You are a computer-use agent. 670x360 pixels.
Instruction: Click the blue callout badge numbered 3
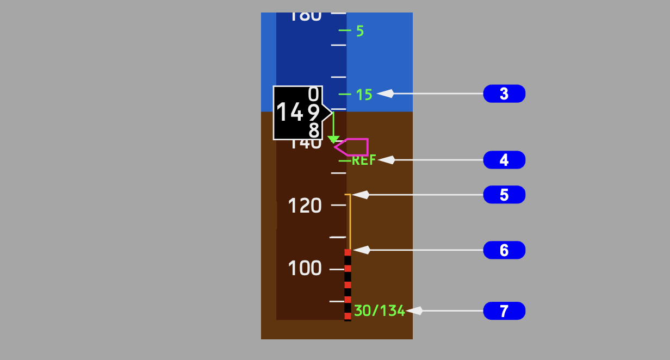click(504, 94)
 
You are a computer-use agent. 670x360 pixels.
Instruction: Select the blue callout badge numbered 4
click(504, 160)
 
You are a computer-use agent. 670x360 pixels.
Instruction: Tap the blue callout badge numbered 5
click(504, 195)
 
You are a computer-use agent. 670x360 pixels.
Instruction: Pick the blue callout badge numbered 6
click(504, 250)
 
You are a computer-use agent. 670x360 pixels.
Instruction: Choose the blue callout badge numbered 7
click(504, 311)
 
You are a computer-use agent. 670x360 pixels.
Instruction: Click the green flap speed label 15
click(364, 95)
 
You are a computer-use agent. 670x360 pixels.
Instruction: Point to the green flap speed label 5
click(360, 31)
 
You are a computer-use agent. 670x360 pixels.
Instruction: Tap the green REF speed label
click(364, 160)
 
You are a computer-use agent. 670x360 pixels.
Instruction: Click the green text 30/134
click(380, 311)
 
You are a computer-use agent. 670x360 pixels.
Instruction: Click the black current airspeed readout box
click(297, 113)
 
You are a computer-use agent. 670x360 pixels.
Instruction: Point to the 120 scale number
click(305, 206)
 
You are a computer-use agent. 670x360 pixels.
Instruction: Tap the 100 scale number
click(305, 269)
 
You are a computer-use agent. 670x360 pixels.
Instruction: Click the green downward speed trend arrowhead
click(334, 140)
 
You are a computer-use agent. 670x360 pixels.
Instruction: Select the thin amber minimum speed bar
click(350, 221)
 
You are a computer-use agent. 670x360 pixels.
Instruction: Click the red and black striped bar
click(348, 284)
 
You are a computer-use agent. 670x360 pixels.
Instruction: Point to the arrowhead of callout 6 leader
click(359, 250)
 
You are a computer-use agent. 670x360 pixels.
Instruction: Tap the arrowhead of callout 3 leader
click(383, 94)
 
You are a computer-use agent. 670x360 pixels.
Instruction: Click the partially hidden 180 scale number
click(305, 17)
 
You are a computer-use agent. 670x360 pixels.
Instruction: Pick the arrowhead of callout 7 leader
click(412, 311)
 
